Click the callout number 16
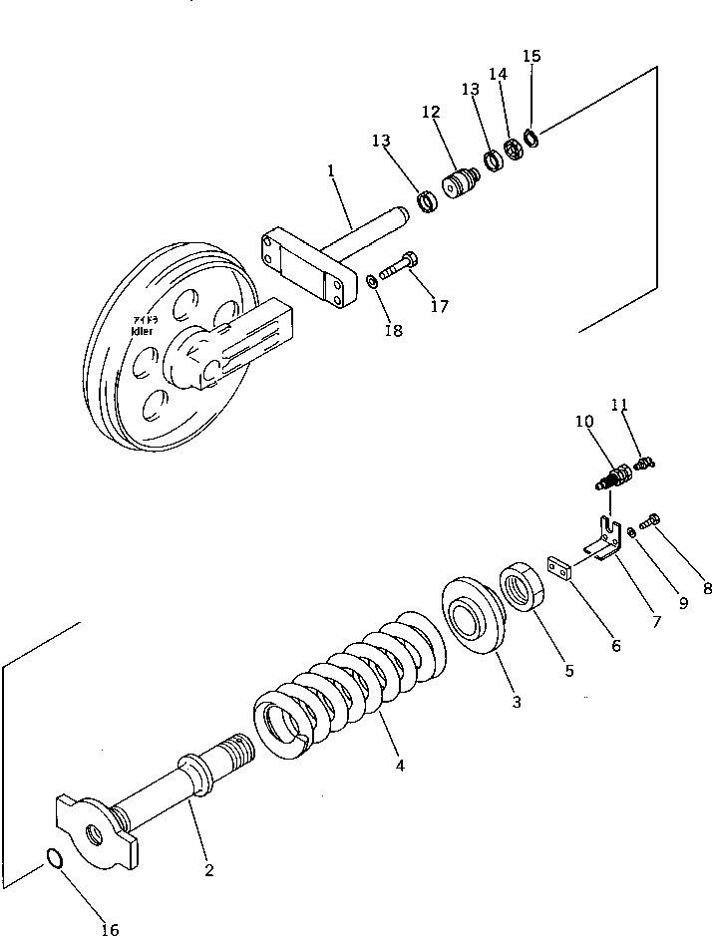tap(110, 929)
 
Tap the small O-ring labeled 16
tap(58, 857)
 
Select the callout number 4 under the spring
tap(400, 766)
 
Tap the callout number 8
tap(706, 588)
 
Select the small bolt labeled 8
tap(653, 518)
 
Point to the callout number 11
tap(648, 405)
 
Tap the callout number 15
tap(532, 56)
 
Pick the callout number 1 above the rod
tap(330, 171)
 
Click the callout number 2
tap(208, 870)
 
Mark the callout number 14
tap(498, 74)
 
